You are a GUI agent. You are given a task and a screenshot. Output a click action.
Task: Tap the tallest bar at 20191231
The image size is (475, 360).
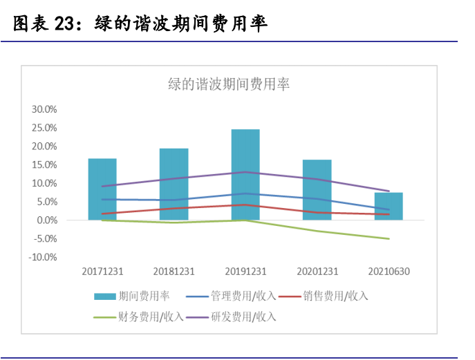click(245, 174)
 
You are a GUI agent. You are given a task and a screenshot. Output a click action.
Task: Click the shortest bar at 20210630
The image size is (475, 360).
click(389, 206)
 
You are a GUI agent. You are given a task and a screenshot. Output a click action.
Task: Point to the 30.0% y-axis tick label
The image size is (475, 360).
click(44, 109)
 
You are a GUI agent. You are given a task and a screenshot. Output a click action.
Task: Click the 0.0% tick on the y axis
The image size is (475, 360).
click(46, 220)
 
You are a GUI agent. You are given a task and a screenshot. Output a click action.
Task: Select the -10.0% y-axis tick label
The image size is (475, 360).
click(43, 257)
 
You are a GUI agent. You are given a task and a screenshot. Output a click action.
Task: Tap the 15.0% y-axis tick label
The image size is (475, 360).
click(44, 164)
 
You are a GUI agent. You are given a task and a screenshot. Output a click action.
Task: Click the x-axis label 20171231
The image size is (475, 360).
click(102, 272)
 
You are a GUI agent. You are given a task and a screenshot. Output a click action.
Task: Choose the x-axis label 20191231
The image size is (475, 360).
click(245, 272)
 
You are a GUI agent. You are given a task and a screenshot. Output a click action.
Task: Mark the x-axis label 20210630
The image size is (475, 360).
click(389, 272)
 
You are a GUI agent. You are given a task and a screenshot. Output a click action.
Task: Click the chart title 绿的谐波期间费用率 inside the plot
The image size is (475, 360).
click(229, 84)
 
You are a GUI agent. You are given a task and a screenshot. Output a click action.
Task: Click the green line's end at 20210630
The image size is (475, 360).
click(389, 238)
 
